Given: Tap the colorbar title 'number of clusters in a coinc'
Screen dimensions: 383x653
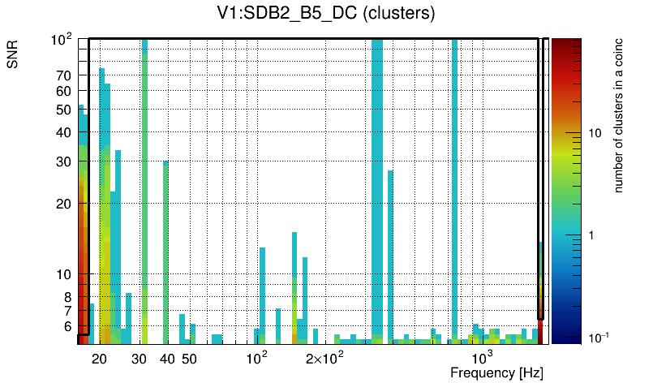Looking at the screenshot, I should [618, 116].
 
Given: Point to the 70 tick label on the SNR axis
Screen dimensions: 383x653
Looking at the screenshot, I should [64, 75].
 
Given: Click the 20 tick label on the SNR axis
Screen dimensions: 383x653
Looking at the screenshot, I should [64, 204].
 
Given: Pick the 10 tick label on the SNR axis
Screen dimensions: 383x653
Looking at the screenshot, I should [64, 275].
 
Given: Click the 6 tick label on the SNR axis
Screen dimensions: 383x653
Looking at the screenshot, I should [67, 326].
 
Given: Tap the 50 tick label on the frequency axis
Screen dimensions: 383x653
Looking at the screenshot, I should [189, 359].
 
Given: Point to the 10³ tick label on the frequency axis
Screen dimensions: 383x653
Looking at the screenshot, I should [482, 358].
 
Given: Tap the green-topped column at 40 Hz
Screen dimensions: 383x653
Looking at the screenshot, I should [165, 243].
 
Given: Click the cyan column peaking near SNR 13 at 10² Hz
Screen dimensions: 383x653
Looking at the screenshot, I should [263, 292].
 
